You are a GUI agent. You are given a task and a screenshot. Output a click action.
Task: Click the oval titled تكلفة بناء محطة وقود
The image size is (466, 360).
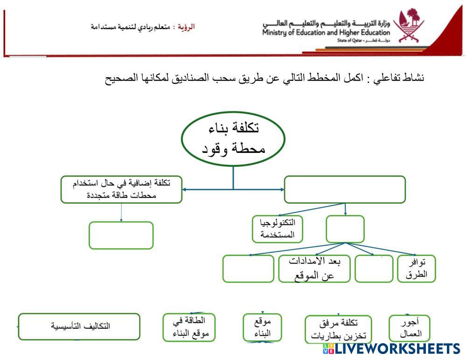(233, 138)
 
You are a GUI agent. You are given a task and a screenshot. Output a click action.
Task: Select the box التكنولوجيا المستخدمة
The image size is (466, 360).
(277, 229)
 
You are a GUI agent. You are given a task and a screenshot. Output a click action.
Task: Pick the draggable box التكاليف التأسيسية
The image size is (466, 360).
(79, 326)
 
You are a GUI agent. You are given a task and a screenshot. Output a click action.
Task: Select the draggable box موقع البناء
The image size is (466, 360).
(263, 328)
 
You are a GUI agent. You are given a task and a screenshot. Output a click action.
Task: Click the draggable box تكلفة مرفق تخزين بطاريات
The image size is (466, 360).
(338, 329)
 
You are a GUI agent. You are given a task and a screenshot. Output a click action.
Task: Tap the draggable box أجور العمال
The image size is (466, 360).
(409, 328)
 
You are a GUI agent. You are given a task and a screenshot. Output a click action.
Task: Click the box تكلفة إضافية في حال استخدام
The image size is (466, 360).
(121, 189)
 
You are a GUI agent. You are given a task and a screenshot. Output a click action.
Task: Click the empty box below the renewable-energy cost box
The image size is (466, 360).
(121, 235)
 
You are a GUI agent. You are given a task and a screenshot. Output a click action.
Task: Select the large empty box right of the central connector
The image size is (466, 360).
(345, 189)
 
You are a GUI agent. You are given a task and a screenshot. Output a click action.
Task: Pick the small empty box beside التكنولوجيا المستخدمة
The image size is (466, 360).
(345, 229)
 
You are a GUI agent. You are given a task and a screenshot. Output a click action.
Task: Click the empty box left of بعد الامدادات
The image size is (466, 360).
(248, 269)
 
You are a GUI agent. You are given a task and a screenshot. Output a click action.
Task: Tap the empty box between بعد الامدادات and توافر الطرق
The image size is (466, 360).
(374, 269)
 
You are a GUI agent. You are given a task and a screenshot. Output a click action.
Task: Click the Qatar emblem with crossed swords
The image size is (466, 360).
(408, 26)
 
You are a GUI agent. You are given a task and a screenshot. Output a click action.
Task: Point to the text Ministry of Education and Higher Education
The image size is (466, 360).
(326, 33)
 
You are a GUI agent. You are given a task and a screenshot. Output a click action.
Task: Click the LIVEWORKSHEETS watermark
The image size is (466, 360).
(391, 349)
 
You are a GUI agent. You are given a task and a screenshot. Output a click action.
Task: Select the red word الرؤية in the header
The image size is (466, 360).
(187, 27)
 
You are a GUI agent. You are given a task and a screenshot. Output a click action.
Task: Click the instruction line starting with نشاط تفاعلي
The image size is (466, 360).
(264, 77)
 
